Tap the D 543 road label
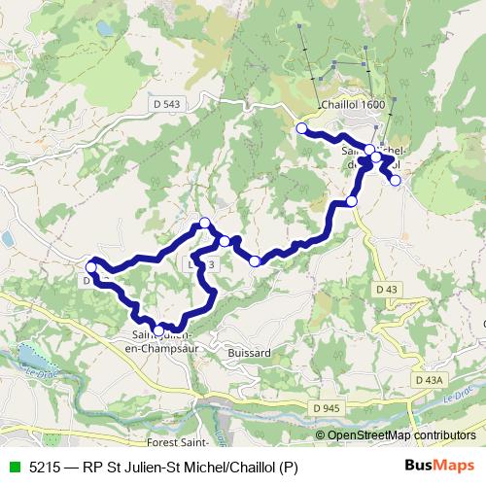(166, 104)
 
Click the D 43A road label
(427, 379)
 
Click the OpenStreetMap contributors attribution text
(402, 435)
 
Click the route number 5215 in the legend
(45, 468)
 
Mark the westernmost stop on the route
(91, 266)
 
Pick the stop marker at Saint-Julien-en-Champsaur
(159, 330)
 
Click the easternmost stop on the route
(395, 179)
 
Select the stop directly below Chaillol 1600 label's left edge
(301, 128)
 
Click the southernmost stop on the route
(159, 330)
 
